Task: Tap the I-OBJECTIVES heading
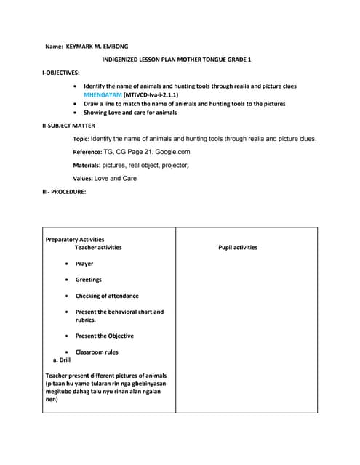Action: (x=61, y=73)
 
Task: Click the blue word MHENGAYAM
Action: (x=103, y=95)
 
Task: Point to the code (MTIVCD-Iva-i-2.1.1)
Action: (x=151, y=95)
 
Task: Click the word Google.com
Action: (x=173, y=152)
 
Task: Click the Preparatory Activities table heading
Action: (x=75, y=239)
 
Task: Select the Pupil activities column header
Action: (x=238, y=248)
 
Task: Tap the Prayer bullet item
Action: (x=84, y=264)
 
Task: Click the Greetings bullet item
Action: (x=88, y=280)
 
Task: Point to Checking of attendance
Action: (x=107, y=296)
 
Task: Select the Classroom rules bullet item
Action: (x=97, y=352)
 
